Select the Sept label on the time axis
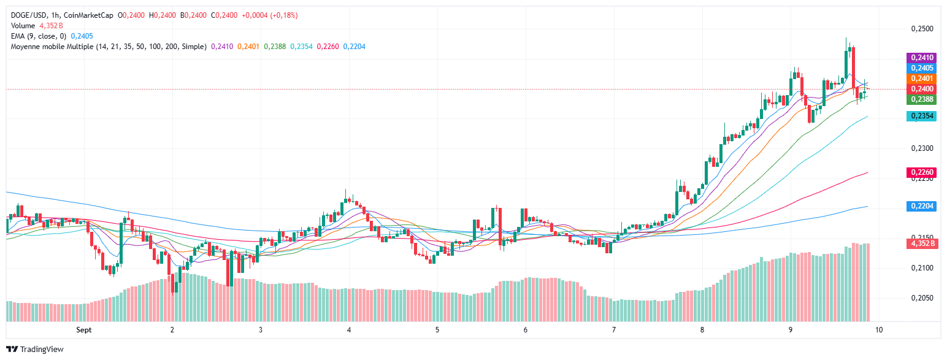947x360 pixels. point(84,330)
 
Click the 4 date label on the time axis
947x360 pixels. point(349,330)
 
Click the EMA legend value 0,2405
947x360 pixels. point(82,36)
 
